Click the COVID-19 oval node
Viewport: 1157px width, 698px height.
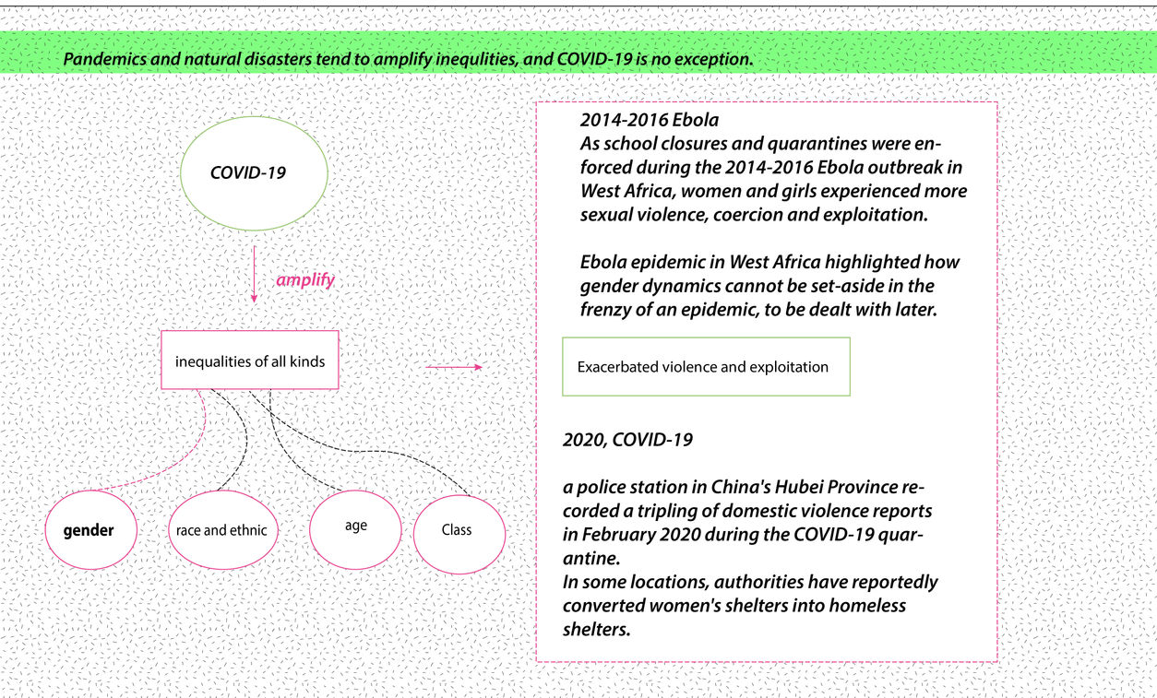click(248, 172)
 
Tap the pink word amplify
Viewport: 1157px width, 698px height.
click(305, 280)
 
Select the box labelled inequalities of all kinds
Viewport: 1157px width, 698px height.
click(250, 361)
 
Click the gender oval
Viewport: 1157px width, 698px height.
click(89, 530)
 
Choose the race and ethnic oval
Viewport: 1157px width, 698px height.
click(222, 530)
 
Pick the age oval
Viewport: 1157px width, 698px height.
click(355, 526)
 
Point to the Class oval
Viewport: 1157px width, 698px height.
click(459, 530)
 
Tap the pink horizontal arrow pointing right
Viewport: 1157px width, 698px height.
click(453, 367)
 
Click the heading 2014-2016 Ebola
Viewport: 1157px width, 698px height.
click(650, 120)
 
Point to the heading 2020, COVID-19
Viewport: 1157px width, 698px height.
click(627, 440)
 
